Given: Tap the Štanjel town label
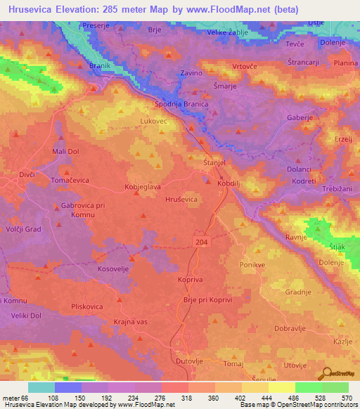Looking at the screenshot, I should point(214,162).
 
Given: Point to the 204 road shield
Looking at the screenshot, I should point(202,240).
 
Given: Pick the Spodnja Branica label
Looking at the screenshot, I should point(181,104).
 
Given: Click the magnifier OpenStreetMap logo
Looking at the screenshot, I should point(326,374).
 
